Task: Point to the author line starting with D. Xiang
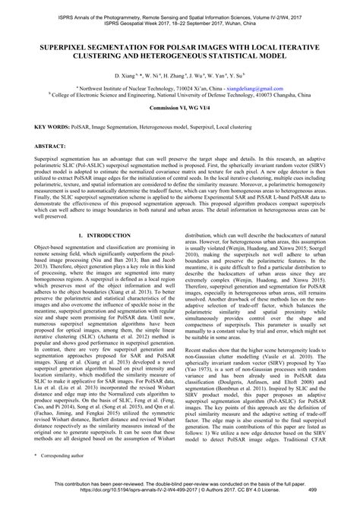pyautogui.click(x=180, y=77)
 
